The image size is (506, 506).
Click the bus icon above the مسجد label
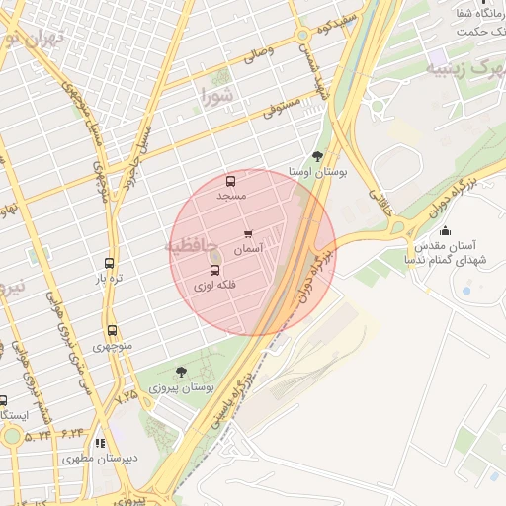point(231,182)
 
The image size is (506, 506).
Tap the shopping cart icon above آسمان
point(247,235)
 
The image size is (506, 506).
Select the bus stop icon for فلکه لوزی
point(214,270)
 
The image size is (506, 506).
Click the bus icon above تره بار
point(109,264)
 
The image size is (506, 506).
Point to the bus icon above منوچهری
point(112,331)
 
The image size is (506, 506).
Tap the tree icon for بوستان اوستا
point(316,156)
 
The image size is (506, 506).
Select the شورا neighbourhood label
point(219,96)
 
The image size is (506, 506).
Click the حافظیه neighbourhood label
point(187,243)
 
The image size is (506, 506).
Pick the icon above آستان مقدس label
point(445,230)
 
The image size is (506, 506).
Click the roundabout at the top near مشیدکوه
point(302,37)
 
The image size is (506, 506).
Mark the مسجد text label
point(231,197)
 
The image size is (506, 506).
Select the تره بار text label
point(109,280)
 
